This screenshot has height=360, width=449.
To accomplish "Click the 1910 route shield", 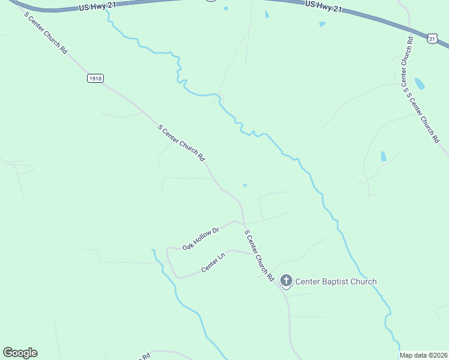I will click(95, 79).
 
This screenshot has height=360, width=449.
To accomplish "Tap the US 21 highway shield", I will click(433, 37).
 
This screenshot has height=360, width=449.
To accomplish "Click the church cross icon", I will click(286, 280).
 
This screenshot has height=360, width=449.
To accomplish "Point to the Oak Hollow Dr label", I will click(201, 238).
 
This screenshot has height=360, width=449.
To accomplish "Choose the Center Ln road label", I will click(213, 263).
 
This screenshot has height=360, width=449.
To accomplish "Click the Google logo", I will click(20, 353).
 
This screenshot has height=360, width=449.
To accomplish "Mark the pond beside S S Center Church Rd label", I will click(420, 83).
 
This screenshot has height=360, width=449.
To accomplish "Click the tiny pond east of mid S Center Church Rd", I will click(244, 185).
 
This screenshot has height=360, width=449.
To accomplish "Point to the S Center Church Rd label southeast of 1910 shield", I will click(181, 143).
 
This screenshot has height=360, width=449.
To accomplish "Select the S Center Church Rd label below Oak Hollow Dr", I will click(259, 255).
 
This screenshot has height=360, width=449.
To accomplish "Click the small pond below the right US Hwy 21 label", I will click(322, 24).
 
